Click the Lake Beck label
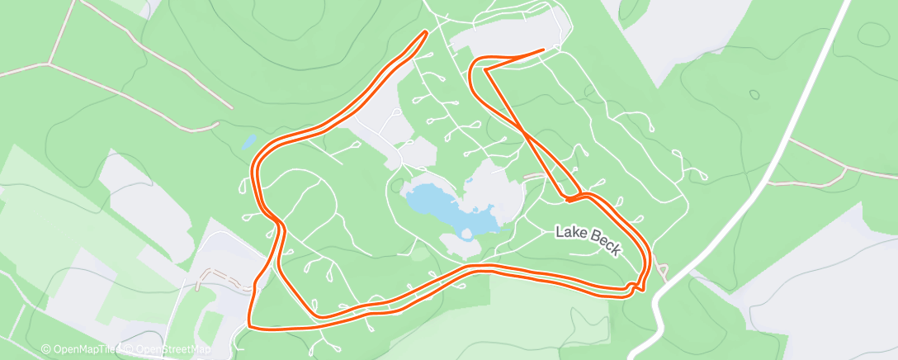(588, 240)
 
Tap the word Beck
(604, 245)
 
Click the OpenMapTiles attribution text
(79, 349)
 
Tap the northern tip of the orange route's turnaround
(425, 32)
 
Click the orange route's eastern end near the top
(543, 50)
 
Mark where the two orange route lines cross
(525, 130)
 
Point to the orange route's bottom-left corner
(250, 324)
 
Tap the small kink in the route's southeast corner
(634, 286)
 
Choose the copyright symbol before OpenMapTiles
(45, 349)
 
